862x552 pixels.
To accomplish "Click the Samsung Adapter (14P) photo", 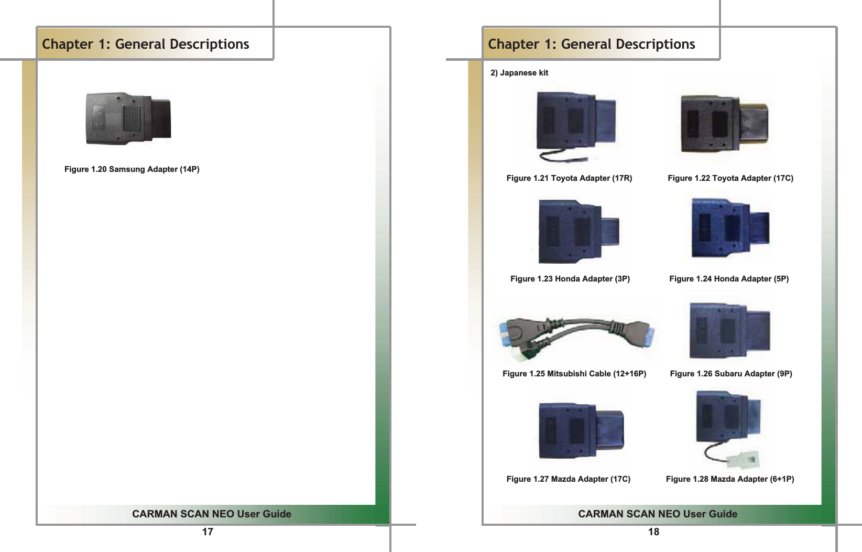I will tap(128, 118).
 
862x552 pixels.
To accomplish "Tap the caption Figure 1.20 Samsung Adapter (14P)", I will tap(132, 169).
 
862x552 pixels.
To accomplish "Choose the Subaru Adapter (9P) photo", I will tap(729, 330).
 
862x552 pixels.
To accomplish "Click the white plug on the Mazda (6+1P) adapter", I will tap(744, 461).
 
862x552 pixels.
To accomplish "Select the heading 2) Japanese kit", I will tap(519, 73).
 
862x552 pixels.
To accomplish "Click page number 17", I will tap(208, 532).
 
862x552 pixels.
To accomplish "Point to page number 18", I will tap(653, 532).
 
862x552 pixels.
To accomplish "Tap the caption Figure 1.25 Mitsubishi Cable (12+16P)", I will tap(574, 374).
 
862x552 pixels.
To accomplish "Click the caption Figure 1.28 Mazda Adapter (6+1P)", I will tap(730, 479).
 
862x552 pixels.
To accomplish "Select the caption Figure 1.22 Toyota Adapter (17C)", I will tap(730, 178).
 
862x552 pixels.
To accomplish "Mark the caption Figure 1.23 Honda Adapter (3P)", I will tap(570, 279).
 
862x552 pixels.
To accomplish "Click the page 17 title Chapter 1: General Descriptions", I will tap(146, 44).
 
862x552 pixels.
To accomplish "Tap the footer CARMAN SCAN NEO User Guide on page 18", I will tap(658, 514).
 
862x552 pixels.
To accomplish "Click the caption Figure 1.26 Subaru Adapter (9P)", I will tap(731, 374).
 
